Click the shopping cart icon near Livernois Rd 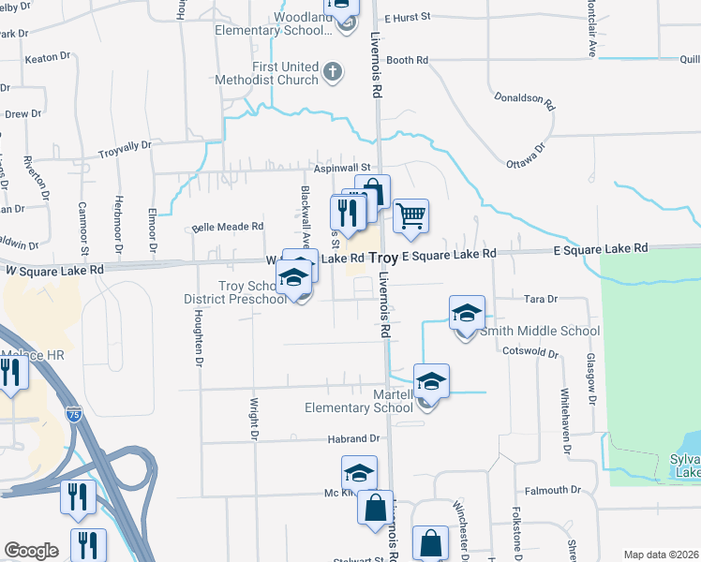click(x=410, y=215)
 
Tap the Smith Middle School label click(x=540, y=332)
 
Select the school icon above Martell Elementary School click(x=430, y=381)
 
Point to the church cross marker click(x=333, y=71)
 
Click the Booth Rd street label click(x=407, y=60)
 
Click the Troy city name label click(x=382, y=257)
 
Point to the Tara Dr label click(x=541, y=299)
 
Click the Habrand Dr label click(x=353, y=438)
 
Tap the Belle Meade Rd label click(x=228, y=227)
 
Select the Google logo click(x=31, y=551)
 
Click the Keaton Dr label click(x=48, y=58)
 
